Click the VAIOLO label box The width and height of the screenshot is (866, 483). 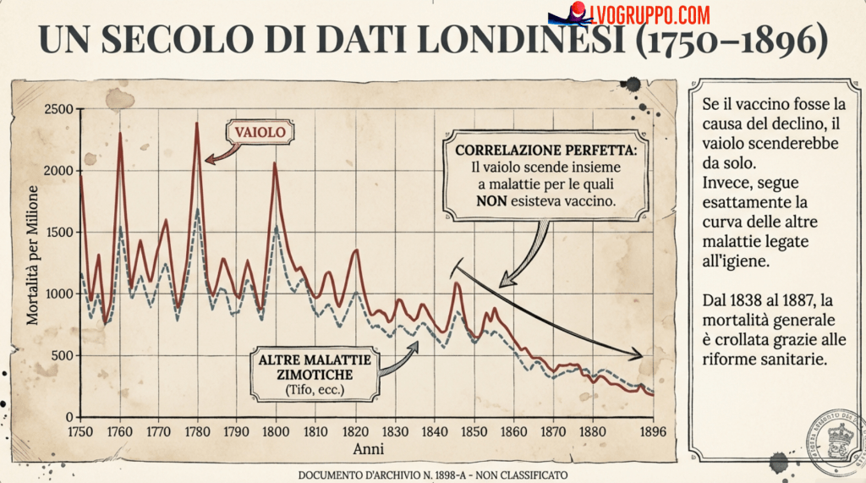click(x=260, y=132)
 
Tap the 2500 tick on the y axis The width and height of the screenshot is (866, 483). click(x=57, y=109)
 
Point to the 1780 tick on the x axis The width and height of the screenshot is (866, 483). click(x=198, y=431)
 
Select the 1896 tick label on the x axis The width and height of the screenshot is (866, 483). click(x=651, y=431)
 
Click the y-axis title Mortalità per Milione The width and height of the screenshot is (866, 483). click(x=33, y=255)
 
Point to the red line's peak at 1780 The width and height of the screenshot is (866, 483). click(x=197, y=123)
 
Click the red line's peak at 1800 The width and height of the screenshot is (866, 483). click(x=275, y=162)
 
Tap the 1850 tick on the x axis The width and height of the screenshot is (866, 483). click(x=472, y=431)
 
